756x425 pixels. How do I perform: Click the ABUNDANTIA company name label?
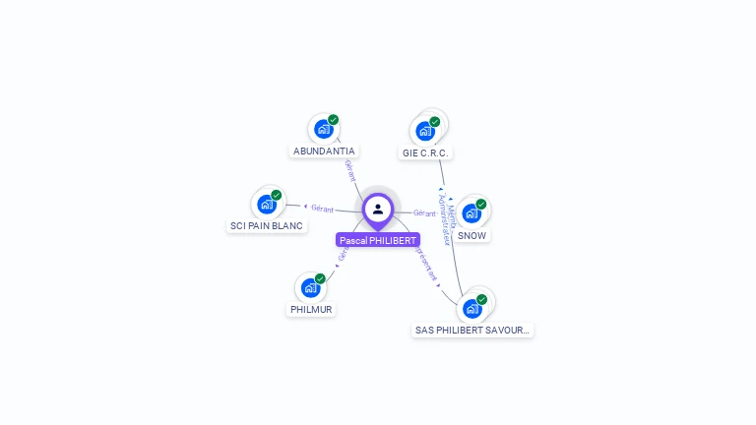(324, 152)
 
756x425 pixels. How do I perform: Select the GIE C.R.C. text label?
(426, 153)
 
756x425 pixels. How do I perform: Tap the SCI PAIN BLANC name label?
(267, 226)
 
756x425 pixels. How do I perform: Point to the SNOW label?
(472, 236)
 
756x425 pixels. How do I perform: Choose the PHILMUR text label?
(311, 310)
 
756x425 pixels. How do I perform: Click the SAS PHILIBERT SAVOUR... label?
(472, 331)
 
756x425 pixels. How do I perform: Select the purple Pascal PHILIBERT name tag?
(378, 240)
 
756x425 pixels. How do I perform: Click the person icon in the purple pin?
(378, 209)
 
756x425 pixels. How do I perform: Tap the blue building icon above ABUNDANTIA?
(323, 129)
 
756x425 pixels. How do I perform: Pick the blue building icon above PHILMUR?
(311, 287)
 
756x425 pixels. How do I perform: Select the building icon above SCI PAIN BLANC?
(266, 204)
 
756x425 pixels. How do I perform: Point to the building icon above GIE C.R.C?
(425, 130)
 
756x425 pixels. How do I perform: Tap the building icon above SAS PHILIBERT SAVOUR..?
(472, 309)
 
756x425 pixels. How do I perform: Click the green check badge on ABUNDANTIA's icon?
(334, 120)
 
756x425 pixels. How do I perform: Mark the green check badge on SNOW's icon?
(482, 203)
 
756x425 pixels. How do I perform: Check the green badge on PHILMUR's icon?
(321, 278)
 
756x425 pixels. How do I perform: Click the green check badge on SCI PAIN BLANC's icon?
(277, 195)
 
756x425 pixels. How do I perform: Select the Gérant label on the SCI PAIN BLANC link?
(323, 209)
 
